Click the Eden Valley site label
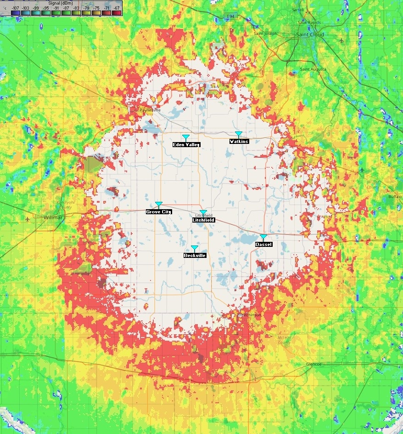coord(186,144)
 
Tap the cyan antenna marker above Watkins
coord(239,134)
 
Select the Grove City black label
coord(158,212)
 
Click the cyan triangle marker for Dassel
coord(263,237)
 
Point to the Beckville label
coord(195,255)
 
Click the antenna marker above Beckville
coord(195,248)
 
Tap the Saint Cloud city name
coord(310,34)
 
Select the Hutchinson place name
coord(250,315)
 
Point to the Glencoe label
coord(314,364)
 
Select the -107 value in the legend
coord(16,8)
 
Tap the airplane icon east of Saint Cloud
coord(341,40)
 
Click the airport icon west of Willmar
coord(28,218)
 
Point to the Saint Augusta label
coord(313,69)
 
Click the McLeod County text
coord(285,340)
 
